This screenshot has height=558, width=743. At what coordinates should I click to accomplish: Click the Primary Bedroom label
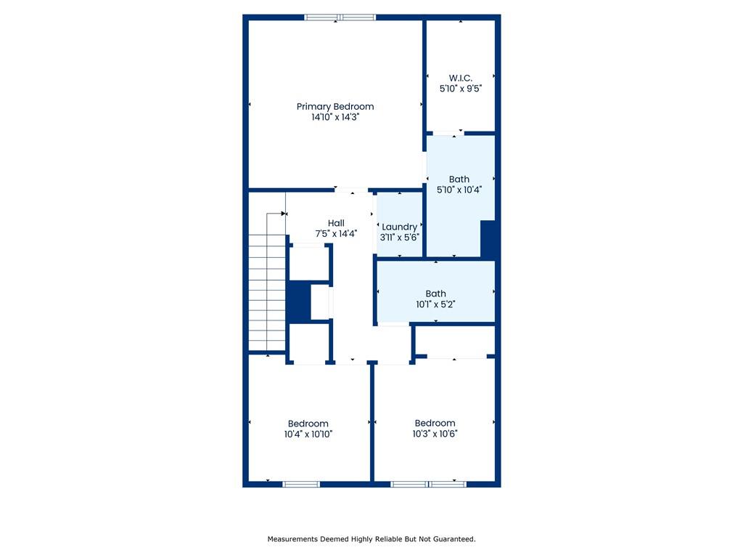tap(335, 107)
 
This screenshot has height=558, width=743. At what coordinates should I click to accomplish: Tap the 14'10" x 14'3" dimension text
tap(335, 117)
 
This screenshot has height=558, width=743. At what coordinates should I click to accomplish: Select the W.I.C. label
tap(461, 78)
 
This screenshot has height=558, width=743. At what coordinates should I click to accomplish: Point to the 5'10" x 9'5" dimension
tap(461, 88)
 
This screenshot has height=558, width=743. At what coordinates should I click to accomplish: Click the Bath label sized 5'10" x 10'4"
tap(459, 179)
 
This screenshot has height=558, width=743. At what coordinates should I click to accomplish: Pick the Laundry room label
tap(400, 227)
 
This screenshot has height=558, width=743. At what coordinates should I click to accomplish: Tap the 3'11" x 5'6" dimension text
tap(400, 238)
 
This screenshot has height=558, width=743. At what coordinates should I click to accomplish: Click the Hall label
tap(336, 223)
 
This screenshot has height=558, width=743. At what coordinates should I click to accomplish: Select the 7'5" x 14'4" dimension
tap(336, 233)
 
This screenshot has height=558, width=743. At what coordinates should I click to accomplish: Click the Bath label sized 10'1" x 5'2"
tap(435, 294)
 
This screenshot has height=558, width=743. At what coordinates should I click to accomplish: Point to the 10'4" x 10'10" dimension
tap(308, 434)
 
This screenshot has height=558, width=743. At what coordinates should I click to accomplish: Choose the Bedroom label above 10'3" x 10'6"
tap(435, 423)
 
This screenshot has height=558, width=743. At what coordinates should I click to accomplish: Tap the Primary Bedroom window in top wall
tap(340, 17)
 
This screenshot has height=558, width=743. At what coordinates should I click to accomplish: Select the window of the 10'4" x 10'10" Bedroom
tap(301, 484)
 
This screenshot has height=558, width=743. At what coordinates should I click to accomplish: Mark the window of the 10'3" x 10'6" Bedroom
tap(428, 484)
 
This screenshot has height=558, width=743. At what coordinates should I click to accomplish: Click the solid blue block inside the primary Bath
tap(488, 239)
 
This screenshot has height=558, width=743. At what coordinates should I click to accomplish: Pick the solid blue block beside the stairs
tap(299, 302)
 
